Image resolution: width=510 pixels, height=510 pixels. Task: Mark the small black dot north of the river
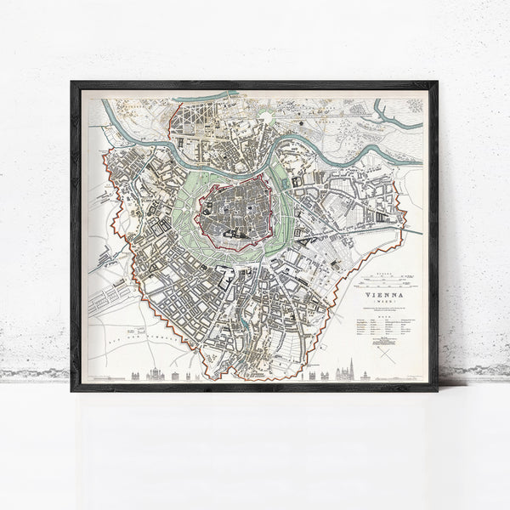click(x=302, y=124)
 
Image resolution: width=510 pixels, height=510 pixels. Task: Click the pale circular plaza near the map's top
click(x=267, y=117)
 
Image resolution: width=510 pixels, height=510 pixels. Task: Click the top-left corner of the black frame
click(x=74, y=84)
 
